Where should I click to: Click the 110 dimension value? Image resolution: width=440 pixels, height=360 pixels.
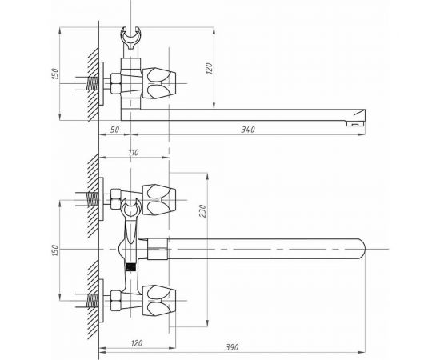(133, 152)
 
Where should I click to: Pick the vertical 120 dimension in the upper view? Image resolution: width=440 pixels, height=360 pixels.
(209, 69)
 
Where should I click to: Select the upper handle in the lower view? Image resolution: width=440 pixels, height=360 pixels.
(161, 193)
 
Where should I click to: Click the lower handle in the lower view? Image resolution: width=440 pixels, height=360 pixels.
(161, 302)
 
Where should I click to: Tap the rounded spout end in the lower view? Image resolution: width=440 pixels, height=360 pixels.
(361, 248)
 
